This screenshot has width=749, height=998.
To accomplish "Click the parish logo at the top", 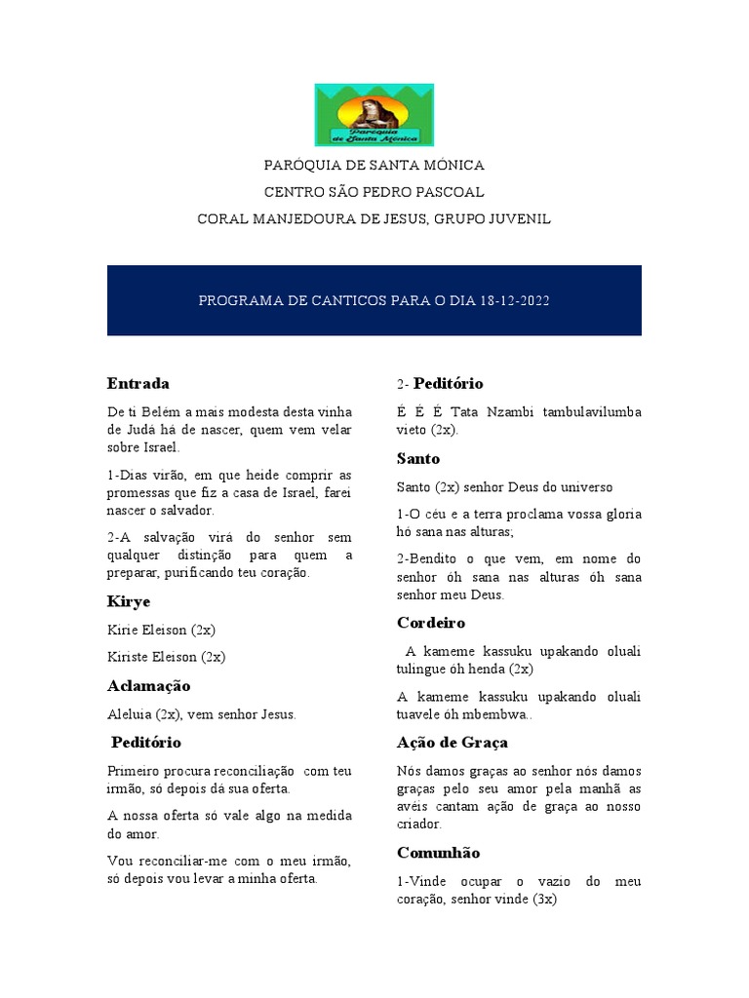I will (374, 115).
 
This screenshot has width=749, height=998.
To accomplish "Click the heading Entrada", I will (138, 383).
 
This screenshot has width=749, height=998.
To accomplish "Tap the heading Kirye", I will (129, 602).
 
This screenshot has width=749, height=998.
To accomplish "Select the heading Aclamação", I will (148, 686).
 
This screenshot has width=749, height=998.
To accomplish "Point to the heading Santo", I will (418, 458).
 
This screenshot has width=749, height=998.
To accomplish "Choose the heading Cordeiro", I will (431, 622).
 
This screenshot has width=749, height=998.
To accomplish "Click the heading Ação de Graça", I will (453, 743).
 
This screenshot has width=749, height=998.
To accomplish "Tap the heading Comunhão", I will (438, 853).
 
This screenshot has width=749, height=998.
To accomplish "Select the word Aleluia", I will (131, 714).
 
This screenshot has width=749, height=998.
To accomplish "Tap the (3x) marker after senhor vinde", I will (539, 900).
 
